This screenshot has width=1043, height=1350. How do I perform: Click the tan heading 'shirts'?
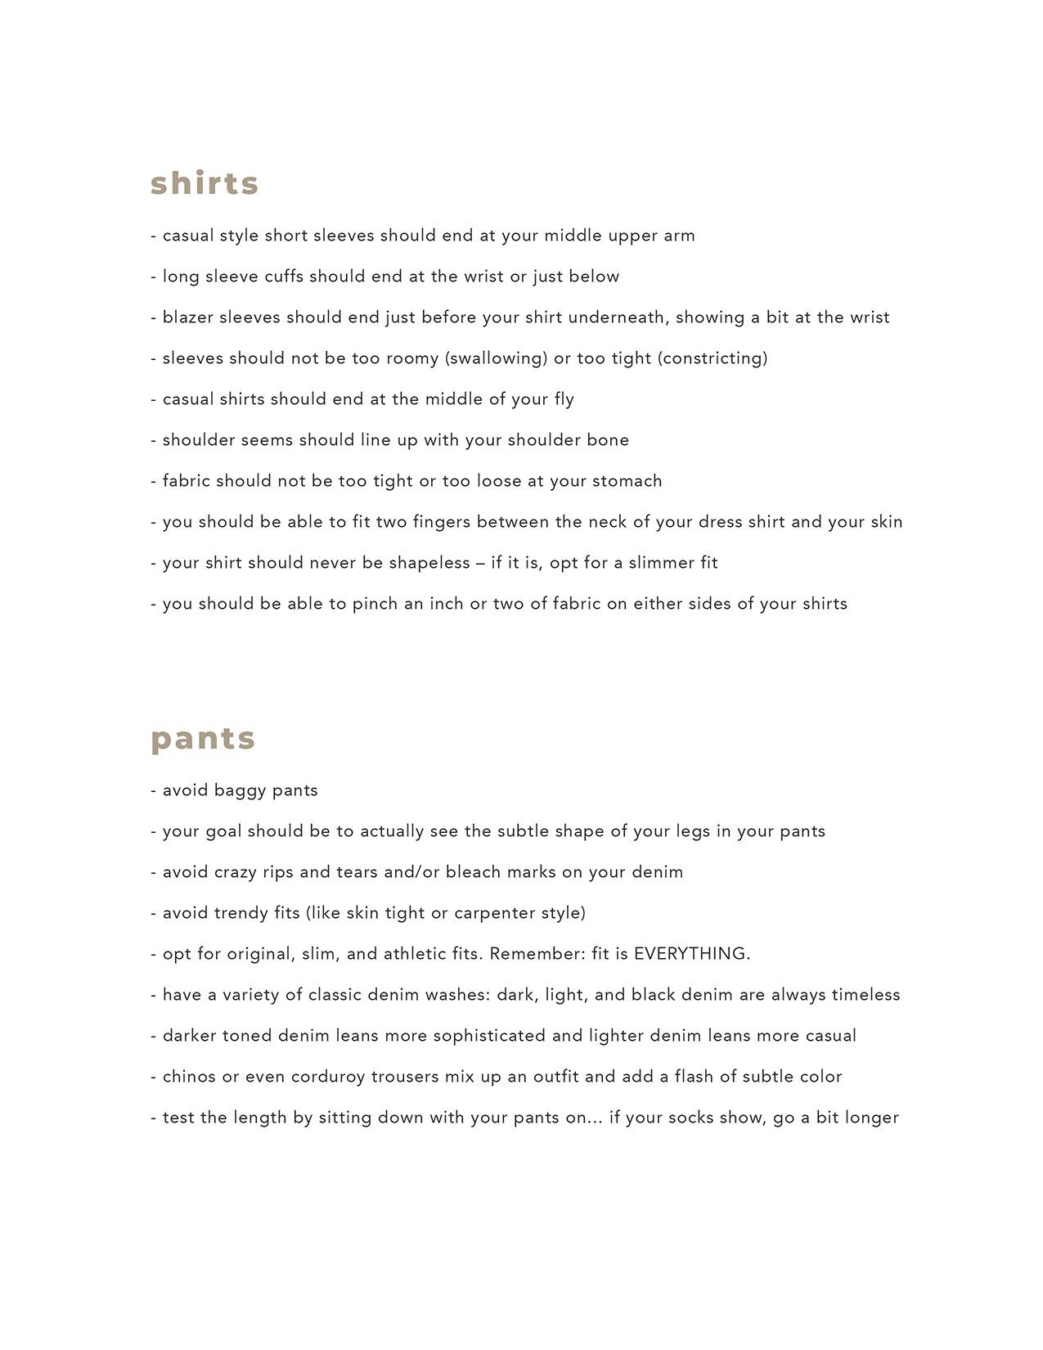pos(205,183)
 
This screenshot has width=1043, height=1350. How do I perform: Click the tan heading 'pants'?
pos(203,738)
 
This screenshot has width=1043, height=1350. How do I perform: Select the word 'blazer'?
pos(188,317)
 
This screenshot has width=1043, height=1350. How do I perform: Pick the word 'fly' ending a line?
pos(564,399)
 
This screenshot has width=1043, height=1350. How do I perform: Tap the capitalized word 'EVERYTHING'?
pos(690,954)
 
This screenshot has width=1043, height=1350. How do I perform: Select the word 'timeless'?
pos(865,995)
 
